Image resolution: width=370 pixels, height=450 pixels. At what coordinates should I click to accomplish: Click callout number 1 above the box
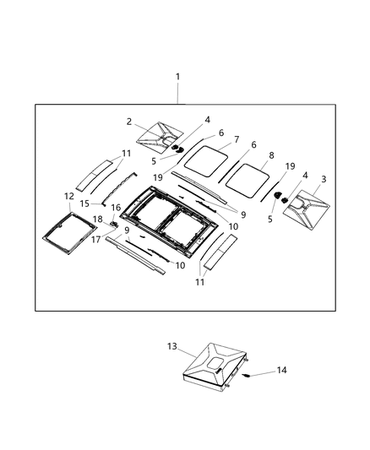coord(177,77)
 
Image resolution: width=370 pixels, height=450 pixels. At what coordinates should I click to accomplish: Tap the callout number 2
coord(129,122)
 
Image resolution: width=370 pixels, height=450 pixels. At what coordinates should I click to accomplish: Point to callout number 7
coord(236,139)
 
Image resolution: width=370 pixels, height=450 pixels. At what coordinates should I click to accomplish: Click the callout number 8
coord(270,155)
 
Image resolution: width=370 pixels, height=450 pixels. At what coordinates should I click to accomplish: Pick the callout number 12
coord(68,196)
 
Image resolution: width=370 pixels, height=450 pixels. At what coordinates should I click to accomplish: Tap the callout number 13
coord(172,346)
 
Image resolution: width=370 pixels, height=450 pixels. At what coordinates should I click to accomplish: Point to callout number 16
coord(116,208)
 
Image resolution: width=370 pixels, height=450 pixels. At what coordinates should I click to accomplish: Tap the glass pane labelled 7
coord(205,157)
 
